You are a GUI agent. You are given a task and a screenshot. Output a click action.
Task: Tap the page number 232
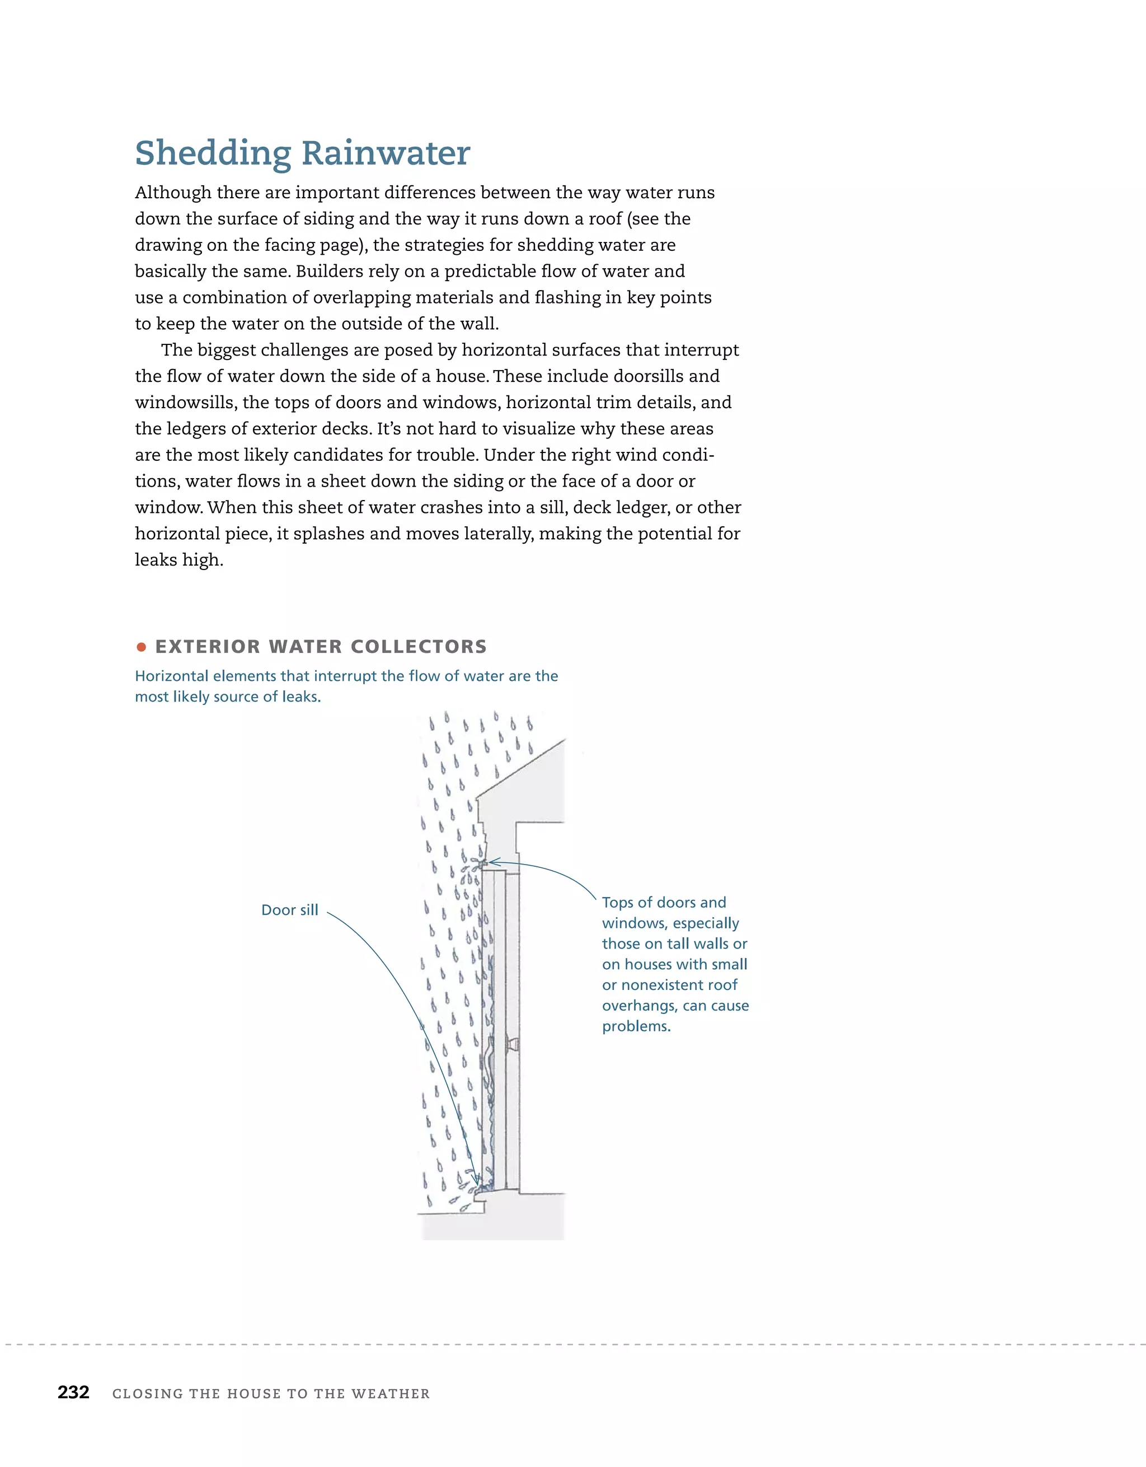pyautogui.click(x=73, y=1393)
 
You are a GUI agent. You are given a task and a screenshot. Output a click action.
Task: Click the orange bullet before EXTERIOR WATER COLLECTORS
pyautogui.click(x=141, y=647)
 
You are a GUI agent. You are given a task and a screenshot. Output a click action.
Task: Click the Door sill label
pyautogui.click(x=289, y=910)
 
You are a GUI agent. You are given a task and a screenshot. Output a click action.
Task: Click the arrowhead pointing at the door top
pyautogui.click(x=492, y=862)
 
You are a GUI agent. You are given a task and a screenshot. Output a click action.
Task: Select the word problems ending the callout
pyautogui.click(x=635, y=1026)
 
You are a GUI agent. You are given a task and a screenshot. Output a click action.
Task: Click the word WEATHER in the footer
pyautogui.click(x=391, y=1394)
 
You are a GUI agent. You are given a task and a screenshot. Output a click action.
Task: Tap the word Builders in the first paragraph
pyautogui.click(x=329, y=272)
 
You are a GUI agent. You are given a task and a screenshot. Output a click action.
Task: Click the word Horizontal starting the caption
pyautogui.click(x=172, y=676)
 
